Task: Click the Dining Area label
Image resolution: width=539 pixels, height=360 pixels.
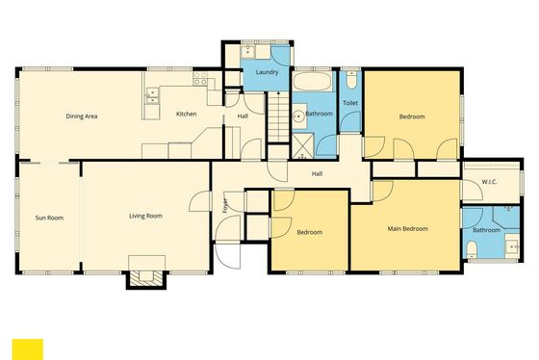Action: pyautogui.click(x=82, y=116)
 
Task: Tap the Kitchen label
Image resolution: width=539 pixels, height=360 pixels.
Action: pyautogui.click(x=187, y=114)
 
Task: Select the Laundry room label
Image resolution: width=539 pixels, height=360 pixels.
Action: pyautogui.click(x=267, y=72)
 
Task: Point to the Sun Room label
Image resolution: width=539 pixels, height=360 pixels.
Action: pyautogui.click(x=49, y=218)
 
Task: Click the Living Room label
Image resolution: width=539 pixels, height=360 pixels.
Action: pyautogui.click(x=145, y=216)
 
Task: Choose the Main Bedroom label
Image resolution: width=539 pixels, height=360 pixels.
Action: pyautogui.click(x=408, y=229)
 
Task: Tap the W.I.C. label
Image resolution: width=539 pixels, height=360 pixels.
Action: pyautogui.click(x=489, y=182)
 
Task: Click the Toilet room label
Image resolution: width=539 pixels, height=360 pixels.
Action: pyautogui.click(x=350, y=103)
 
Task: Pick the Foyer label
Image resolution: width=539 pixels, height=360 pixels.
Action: pyautogui.click(x=225, y=205)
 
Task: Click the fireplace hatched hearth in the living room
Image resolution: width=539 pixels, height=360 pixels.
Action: pyautogui.click(x=145, y=277)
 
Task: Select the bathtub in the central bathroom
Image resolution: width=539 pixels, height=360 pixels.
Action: pyautogui.click(x=313, y=81)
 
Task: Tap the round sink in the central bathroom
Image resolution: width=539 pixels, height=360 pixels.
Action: pyautogui.click(x=298, y=116)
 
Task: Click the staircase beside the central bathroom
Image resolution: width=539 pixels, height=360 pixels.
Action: pyautogui.click(x=278, y=116)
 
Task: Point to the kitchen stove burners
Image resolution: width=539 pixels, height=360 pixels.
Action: pyautogui.click(x=200, y=79)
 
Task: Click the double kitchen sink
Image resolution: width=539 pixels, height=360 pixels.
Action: pyautogui.click(x=152, y=96)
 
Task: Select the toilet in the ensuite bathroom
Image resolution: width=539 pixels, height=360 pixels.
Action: pyautogui.click(x=472, y=249)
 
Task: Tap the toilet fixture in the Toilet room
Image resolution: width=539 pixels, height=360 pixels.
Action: pyautogui.click(x=351, y=80)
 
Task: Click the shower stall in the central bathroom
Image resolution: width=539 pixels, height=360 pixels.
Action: pyautogui.click(x=302, y=146)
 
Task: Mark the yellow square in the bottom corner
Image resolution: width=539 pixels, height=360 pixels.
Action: pyautogui.click(x=28, y=349)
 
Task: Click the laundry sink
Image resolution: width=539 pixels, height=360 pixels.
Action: pyautogui.click(x=248, y=52)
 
